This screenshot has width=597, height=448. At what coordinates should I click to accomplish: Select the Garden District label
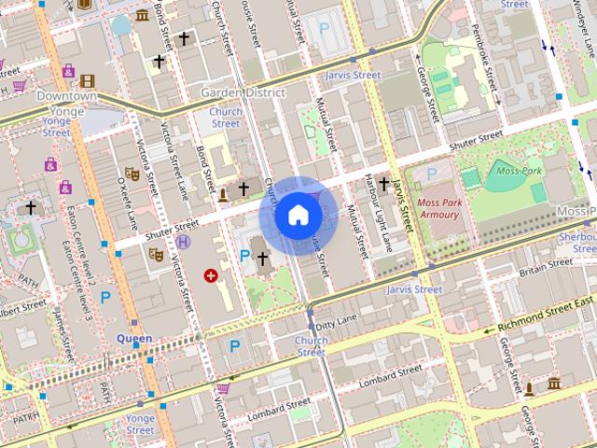point(242,92)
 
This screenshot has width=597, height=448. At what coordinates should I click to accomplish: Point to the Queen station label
point(133,338)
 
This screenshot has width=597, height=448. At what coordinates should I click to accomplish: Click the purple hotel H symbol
point(184,242)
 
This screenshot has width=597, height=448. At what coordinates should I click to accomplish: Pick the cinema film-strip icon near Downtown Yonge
point(87,81)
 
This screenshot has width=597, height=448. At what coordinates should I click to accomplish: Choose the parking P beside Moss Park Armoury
point(431,173)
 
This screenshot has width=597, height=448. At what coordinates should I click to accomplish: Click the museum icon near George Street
point(554,384)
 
